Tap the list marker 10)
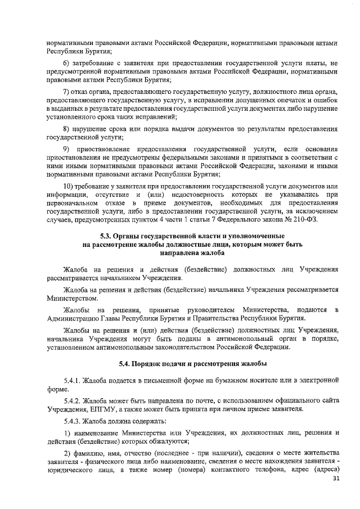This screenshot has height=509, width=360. (x=68, y=186)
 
